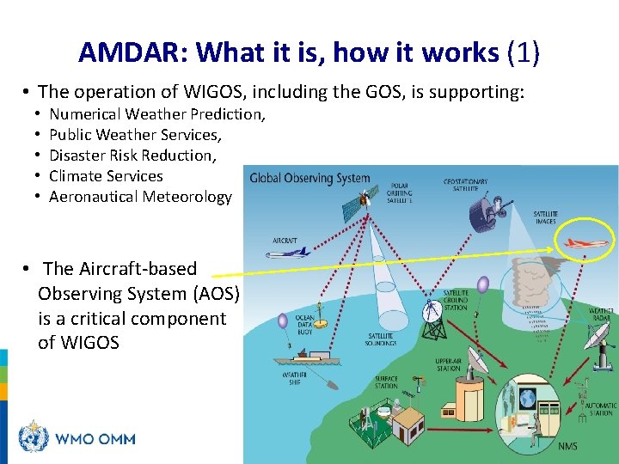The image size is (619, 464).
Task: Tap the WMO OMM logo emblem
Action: (34, 438)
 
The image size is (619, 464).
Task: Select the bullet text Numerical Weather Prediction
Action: (157, 114)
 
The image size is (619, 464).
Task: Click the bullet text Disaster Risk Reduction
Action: (133, 156)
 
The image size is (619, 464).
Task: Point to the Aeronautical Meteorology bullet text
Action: (140, 197)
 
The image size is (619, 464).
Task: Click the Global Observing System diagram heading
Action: (309, 180)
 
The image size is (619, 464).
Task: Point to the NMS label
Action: (567, 446)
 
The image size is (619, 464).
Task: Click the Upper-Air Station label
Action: (448, 363)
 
